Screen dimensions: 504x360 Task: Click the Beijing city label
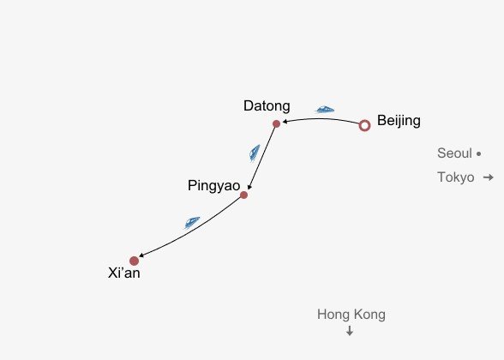click(399, 121)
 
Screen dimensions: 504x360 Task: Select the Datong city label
click(267, 105)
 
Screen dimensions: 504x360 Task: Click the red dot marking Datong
click(276, 123)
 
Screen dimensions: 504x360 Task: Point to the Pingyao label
click(214, 186)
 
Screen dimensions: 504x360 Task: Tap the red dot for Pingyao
click(243, 195)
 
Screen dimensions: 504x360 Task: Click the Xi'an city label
click(124, 273)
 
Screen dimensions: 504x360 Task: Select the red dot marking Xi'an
click(134, 261)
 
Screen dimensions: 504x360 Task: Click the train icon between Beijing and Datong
click(324, 110)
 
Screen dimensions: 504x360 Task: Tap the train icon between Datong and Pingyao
click(255, 153)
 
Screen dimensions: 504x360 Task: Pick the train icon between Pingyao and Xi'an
click(192, 223)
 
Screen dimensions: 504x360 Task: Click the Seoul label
click(454, 153)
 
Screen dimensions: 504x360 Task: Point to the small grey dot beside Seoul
click(478, 154)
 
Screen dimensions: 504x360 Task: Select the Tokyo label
click(456, 177)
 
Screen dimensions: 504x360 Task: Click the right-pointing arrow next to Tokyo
click(489, 177)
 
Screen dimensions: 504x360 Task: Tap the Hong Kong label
click(351, 315)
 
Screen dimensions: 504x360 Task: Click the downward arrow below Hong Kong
click(350, 331)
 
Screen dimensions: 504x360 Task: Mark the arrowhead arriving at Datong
click(284, 122)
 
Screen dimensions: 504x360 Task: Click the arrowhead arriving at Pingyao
click(249, 187)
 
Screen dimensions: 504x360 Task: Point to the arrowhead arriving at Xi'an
click(141, 255)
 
